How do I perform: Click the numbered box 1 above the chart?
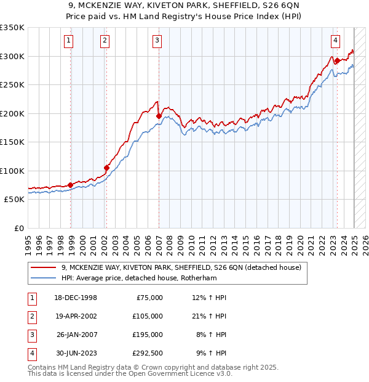pyautogui.click(x=68, y=41)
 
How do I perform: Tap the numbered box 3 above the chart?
pyautogui.click(x=157, y=41)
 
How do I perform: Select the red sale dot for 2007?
pyautogui.click(x=159, y=115)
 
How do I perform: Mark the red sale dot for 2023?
pyautogui.click(x=337, y=60)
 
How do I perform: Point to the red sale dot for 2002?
pyautogui.click(x=106, y=168)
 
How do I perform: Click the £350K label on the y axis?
pyautogui.click(x=12, y=28)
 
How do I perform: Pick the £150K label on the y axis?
pyautogui.click(x=12, y=142)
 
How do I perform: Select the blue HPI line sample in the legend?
pyautogui.click(x=44, y=278)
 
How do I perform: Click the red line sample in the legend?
pyautogui.click(x=44, y=267)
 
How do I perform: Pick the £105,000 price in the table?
pyautogui.click(x=148, y=316)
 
